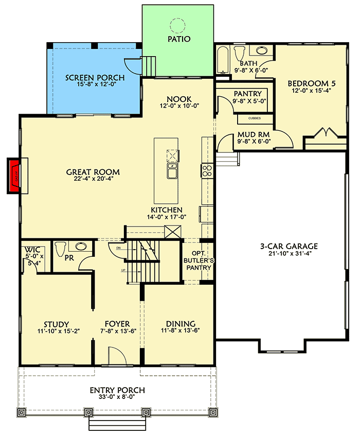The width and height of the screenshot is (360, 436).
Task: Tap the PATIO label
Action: [x=178, y=39]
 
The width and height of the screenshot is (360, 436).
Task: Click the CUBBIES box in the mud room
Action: [x=254, y=118]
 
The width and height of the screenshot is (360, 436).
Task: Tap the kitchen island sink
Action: [x=172, y=170]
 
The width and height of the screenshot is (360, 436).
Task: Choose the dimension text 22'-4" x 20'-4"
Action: [x=93, y=180]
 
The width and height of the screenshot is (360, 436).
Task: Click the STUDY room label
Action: [x=56, y=324]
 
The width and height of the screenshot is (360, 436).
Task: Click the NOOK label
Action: [x=179, y=99]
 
